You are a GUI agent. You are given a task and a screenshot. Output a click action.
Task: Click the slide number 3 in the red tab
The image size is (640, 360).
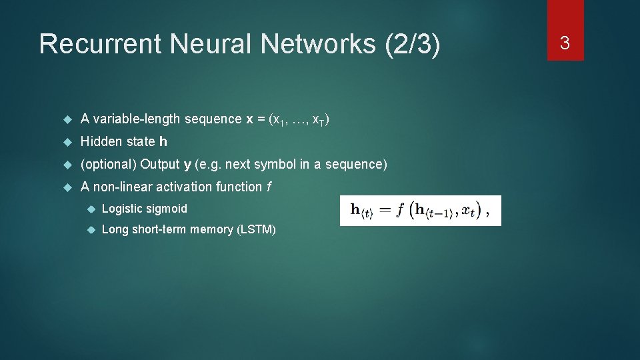tap(565, 43)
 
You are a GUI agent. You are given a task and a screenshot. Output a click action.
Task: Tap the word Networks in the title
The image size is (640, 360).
tap(321, 44)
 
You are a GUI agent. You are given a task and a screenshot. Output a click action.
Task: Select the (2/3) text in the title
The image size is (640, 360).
tap(413, 44)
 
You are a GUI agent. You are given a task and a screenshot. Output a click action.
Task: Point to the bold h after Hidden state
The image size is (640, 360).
tap(163, 142)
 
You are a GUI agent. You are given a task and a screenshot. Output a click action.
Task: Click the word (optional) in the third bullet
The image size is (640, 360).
tap(109, 165)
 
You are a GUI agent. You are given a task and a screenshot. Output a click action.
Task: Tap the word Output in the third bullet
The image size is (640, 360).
tap(160, 165)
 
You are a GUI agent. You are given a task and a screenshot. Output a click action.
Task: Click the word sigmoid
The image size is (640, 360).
tap(167, 209)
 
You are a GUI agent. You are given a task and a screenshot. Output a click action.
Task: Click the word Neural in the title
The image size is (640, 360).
tap(213, 44)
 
